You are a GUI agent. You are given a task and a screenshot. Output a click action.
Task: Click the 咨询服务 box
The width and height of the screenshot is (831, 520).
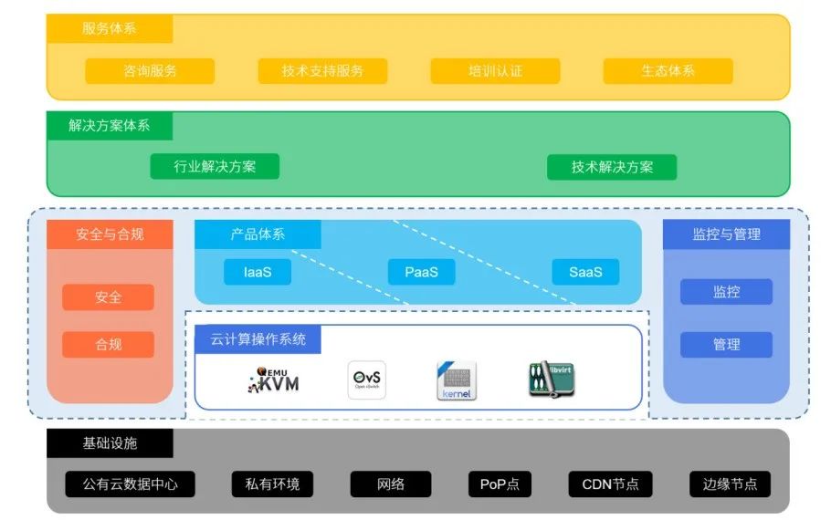(x=150, y=71)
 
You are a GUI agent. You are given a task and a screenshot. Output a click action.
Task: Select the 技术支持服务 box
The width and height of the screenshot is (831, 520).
(x=322, y=71)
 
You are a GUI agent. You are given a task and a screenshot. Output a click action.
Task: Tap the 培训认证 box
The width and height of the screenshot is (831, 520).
(x=495, y=71)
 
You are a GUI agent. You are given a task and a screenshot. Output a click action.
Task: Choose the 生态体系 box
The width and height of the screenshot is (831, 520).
(x=668, y=71)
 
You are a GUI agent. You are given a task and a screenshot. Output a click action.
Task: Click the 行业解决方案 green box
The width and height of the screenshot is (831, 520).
(x=215, y=167)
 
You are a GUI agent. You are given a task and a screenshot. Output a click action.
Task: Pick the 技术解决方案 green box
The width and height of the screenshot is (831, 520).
(x=612, y=167)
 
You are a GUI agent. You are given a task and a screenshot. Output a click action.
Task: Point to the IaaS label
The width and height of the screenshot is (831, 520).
(x=258, y=272)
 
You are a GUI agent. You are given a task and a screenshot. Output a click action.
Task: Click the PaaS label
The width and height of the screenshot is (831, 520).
(x=421, y=272)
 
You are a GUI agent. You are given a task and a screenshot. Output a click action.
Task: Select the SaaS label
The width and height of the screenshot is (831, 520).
(x=585, y=272)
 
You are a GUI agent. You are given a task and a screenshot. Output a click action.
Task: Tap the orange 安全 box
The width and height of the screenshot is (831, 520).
(x=108, y=297)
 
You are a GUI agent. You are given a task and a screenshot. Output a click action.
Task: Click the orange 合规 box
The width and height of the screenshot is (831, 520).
(x=108, y=345)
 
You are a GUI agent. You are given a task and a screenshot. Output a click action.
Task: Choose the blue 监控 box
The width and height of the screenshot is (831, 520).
(x=726, y=292)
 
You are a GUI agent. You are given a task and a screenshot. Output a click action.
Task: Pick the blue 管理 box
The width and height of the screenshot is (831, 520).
(x=726, y=345)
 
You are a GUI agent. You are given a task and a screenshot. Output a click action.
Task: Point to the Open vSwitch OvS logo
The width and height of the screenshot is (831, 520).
(x=367, y=380)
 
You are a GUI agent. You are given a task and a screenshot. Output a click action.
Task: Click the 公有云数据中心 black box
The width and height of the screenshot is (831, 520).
(x=130, y=484)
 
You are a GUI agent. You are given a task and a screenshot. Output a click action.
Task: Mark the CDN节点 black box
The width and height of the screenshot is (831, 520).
(x=610, y=484)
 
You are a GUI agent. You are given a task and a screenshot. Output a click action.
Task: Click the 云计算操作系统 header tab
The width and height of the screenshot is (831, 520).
(x=258, y=340)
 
